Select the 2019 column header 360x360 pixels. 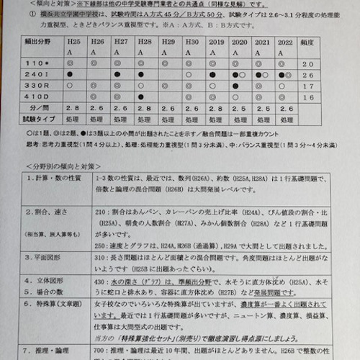point(215,42)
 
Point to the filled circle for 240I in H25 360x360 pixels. point(69,74)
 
